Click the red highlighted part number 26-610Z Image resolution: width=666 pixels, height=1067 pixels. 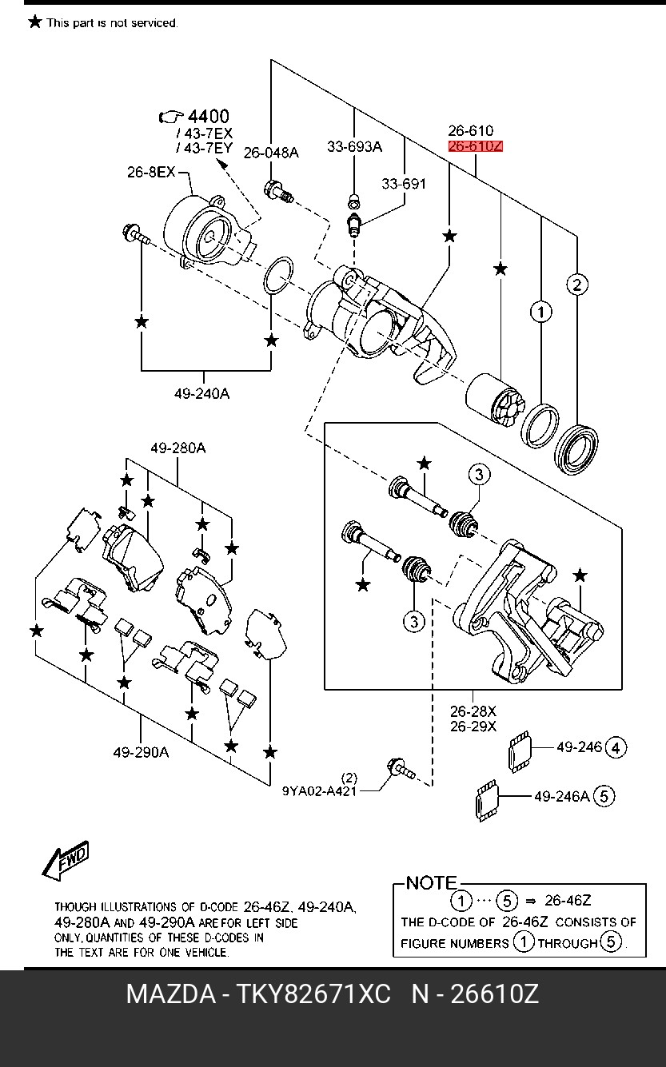pyautogui.click(x=475, y=146)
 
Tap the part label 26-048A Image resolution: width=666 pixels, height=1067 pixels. pyautogui.click(x=271, y=153)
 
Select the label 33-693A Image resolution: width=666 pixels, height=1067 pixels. pyautogui.click(x=354, y=147)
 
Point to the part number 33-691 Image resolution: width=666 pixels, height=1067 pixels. pyautogui.click(x=404, y=183)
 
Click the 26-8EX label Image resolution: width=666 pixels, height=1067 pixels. pyautogui.click(x=151, y=172)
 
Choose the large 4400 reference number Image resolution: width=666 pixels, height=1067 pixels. pyautogui.click(x=209, y=116)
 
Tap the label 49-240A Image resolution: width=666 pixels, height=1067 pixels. pyautogui.click(x=201, y=394)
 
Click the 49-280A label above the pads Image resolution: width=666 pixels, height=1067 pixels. pyautogui.click(x=177, y=448)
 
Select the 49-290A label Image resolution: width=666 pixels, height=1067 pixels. pyautogui.click(x=141, y=753)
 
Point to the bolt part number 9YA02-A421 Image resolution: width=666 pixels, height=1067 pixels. pyautogui.click(x=319, y=791)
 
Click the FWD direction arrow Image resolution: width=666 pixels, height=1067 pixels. pyautogui.click(x=66, y=860)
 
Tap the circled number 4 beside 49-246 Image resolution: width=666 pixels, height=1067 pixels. pyautogui.click(x=616, y=748)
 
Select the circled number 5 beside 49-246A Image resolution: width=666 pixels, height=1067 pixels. pyautogui.click(x=604, y=796)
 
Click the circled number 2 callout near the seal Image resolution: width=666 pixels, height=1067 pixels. pyautogui.click(x=577, y=285)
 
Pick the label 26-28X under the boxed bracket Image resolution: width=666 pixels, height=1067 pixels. pyautogui.click(x=473, y=711)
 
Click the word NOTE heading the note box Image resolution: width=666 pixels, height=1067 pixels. pyautogui.click(x=431, y=883)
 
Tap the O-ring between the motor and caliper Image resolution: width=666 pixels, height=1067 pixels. pyautogui.click(x=278, y=276)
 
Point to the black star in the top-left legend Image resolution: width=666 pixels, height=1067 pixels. pyautogui.click(x=34, y=22)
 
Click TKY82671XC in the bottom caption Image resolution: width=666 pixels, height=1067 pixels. pyautogui.click(x=313, y=994)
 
